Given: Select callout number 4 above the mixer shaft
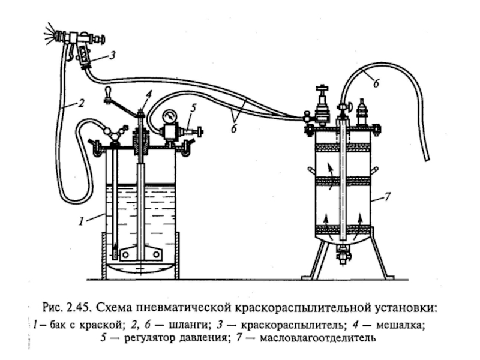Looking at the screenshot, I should (x=148, y=94).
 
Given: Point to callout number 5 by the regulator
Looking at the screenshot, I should (x=193, y=109).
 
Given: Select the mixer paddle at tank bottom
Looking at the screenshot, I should (x=140, y=254).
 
